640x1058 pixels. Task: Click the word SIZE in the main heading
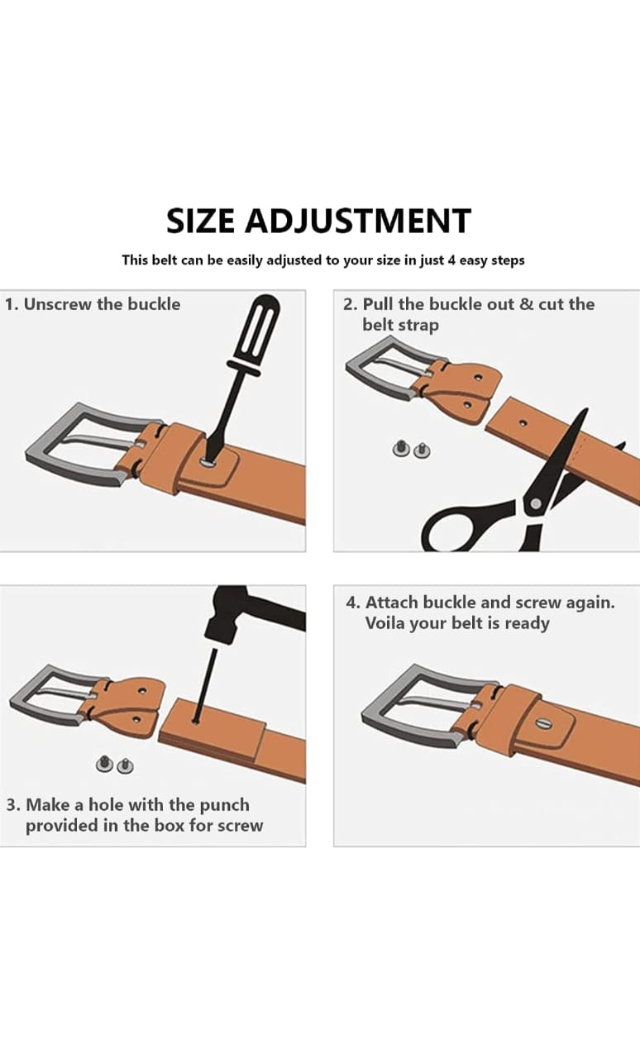200,221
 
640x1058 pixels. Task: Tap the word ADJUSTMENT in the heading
358,221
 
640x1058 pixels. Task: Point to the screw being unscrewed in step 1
207,460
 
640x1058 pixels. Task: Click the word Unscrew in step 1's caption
58,304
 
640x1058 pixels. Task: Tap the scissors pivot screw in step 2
535,503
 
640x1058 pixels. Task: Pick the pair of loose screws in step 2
408,449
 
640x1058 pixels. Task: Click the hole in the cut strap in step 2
523,422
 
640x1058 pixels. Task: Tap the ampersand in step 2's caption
526,304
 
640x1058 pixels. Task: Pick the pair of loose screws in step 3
114,765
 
